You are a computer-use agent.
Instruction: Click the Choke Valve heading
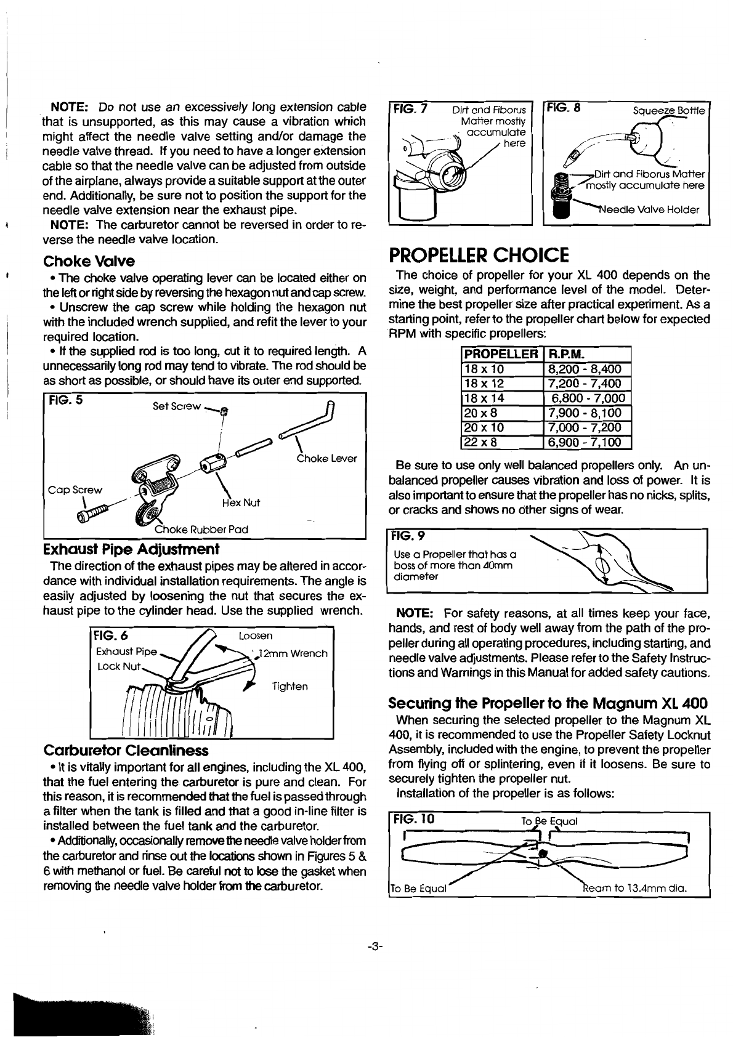[x=89, y=261]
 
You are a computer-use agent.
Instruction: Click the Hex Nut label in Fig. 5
[x=243, y=502]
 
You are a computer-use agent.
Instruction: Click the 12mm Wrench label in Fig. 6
[x=293, y=653]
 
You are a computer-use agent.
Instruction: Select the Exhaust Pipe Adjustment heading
[x=132, y=548]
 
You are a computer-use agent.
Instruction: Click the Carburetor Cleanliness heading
[x=126, y=750]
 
